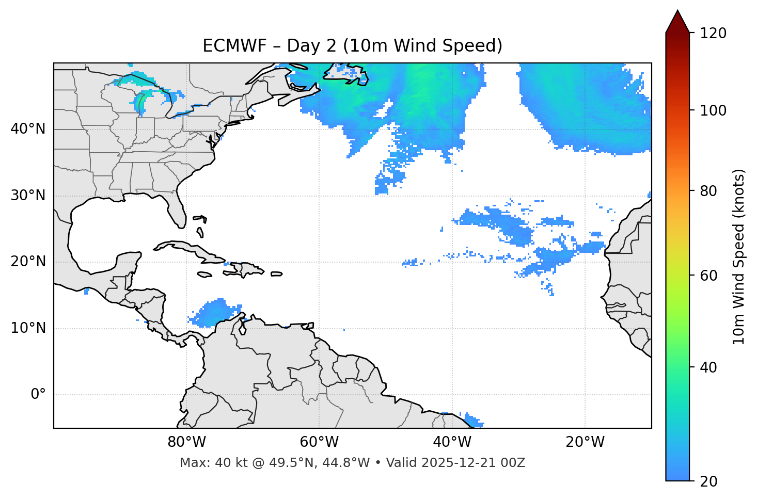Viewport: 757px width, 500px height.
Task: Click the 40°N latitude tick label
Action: [28, 129]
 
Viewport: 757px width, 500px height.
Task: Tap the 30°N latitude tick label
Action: [28, 196]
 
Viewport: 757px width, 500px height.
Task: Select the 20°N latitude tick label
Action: [28, 262]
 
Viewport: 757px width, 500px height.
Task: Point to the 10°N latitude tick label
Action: [28, 328]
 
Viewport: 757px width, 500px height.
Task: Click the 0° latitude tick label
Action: [38, 395]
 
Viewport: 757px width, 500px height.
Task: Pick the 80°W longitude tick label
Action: [186, 442]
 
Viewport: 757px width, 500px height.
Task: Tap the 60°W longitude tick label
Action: [319, 442]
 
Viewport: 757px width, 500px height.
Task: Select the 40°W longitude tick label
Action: [452, 442]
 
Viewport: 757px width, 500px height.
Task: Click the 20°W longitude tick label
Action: [585, 442]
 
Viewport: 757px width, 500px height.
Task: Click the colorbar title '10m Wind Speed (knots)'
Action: [739, 257]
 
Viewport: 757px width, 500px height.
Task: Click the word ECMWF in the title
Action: [234, 46]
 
